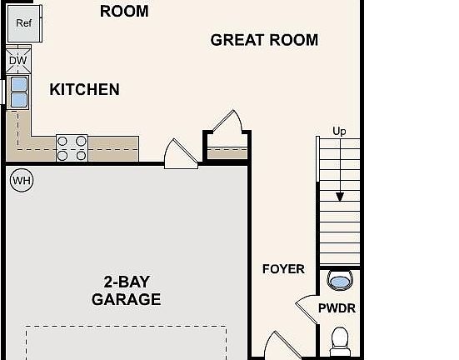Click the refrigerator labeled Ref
[24, 23]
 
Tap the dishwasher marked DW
[18, 61]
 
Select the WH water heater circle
[22, 180]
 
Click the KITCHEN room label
[84, 89]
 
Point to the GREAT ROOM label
[264, 40]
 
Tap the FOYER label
[283, 269]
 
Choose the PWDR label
[337, 308]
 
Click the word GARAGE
[126, 299]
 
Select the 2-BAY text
[127, 282]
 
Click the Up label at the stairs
[339, 131]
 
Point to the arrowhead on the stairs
[340, 197]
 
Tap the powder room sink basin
[340, 281]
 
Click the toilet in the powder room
[340, 342]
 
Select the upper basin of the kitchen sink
[19, 84]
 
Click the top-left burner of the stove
[62, 141]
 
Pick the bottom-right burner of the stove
[81, 156]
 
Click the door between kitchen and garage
[181, 154]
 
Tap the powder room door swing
[307, 309]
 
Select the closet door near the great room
[227, 122]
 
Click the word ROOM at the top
[124, 12]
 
